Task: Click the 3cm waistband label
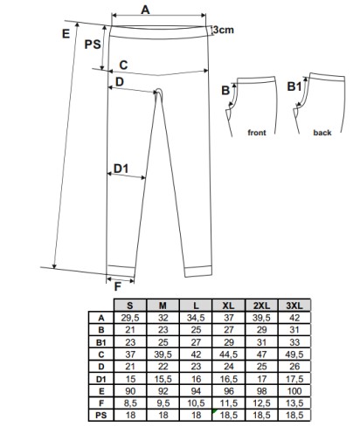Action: [x=223, y=30]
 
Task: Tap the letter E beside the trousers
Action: [x=66, y=34]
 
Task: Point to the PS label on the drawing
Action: [x=93, y=45]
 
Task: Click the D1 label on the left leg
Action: [x=121, y=168]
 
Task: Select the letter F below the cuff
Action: [x=117, y=287]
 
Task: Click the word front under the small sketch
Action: [x=257, y=133]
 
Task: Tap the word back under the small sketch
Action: [x=322, y=133]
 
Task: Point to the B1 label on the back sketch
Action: [x=294, y=86]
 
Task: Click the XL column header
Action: [x=229, y=306]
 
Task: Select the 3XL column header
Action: [x=294, y=306]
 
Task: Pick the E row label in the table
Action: [x=101, y=391]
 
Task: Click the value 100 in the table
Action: [x=294, y=391]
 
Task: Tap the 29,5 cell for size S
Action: [x=130, y=318]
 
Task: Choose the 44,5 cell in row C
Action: [x=229, y=354]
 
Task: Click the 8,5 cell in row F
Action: [x=130, y=403]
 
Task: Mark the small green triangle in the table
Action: [x=215, y=411]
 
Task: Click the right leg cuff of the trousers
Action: [x=197, y=271]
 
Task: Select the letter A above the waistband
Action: [x=145, y=10]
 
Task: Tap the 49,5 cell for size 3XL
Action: [x=294, y=354]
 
